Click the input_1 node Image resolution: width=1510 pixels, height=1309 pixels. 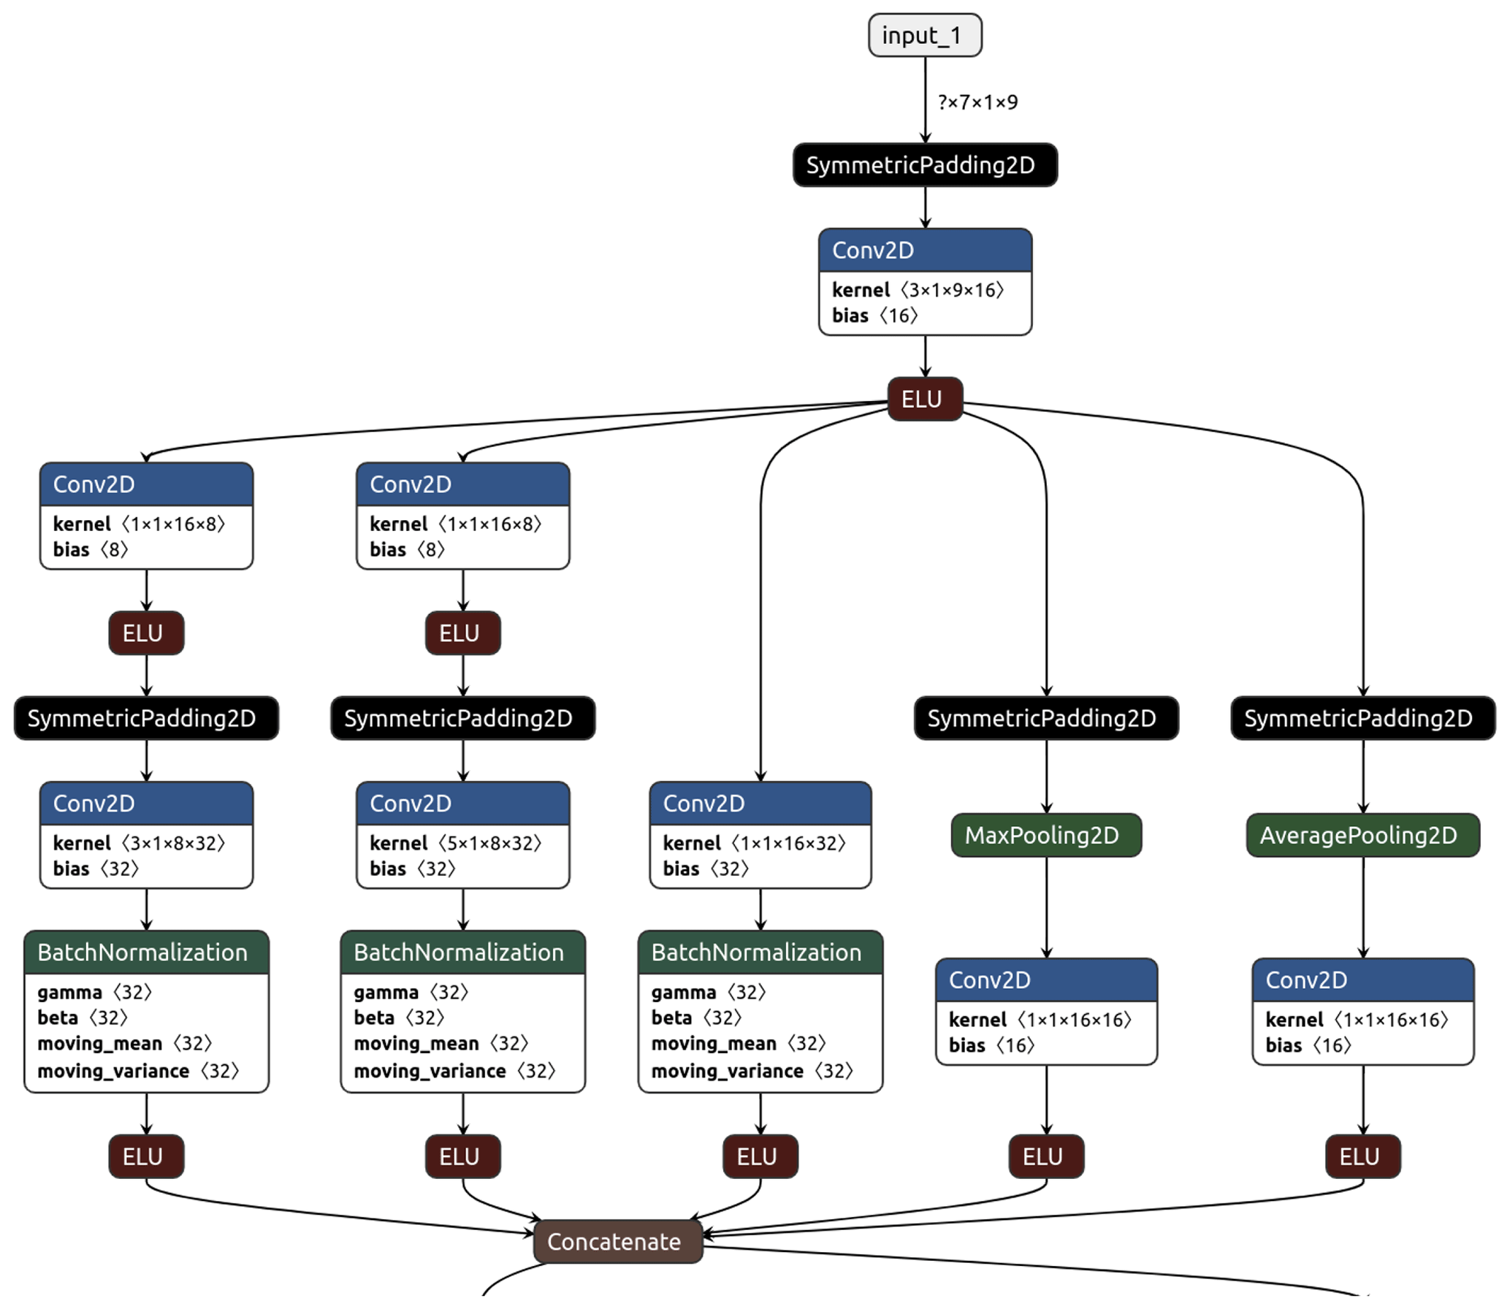click(x=924, y=35)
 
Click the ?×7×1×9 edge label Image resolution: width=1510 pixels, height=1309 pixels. click(x=977, y=102)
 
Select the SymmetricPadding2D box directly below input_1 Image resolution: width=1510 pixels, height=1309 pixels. click(x=924, y=165)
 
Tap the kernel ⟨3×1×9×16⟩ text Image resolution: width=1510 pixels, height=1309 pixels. click(x=918, y=290)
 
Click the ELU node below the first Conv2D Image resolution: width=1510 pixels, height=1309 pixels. click(x=924, y=399)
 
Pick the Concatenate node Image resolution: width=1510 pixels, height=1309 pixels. click(x=617, y=1241)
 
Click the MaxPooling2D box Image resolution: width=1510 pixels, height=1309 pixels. click(x=1045, y=835)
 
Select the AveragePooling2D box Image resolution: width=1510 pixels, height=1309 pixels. click(x=1362, y=835)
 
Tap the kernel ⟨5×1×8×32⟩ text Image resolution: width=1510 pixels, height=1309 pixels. click(x=455, y=843)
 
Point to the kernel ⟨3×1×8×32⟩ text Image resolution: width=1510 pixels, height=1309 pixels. click(x=139, y=843)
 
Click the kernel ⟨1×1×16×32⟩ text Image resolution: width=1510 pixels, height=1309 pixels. click(x=754, y=843)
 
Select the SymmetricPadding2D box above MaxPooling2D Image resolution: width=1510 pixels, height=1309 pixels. click(x=1045, y=718)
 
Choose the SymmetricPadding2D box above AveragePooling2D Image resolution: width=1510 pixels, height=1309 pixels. click(x=1362, y=718)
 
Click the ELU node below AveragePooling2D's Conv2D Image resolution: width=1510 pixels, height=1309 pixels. click(x=1362, y=1156)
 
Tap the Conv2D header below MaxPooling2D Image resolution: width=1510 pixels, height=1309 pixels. click(x=1045, y=980)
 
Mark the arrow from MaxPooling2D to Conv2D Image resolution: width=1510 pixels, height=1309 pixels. click(x=1046, y=907)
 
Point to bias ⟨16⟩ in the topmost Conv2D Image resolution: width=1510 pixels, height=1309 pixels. click(x=874, y=316)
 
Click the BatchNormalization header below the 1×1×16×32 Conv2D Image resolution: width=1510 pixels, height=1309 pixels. click(x=760, y=952)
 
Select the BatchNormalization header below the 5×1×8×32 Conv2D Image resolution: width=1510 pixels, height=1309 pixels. click(x=462, y=952)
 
